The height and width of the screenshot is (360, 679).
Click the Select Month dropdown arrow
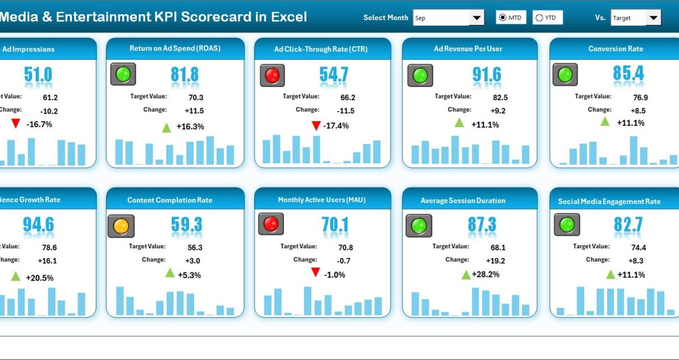pos(477,18)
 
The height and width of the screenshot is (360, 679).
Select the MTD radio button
pos(503,18)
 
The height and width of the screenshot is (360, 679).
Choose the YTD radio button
pos(539,18)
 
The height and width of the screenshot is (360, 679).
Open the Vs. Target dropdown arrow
pos(653,18)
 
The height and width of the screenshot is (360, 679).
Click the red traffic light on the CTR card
pos(272,75)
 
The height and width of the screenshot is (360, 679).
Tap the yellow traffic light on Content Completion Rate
pos(121,226)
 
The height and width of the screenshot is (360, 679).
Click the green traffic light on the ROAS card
pos(123,74)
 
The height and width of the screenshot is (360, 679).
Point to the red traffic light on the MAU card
pos(271,224)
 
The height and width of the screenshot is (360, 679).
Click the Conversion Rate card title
pos(616,49)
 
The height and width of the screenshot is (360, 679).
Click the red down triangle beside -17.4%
pos(316,126)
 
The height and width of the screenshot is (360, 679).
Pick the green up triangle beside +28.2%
pos(466,274)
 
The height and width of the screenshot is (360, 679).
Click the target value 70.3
pos(195,97)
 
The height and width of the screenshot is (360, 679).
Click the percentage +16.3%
pos(190,127)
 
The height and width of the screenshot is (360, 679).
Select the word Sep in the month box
pos(420,18)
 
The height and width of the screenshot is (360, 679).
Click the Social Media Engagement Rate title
pos(609,201)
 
